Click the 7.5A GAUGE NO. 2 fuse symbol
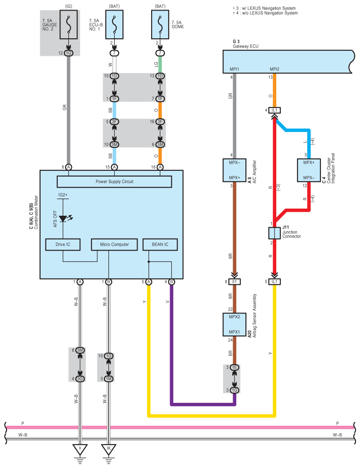pyautogui.click(x=68, y=25)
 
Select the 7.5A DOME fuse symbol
pyautogui.click(x=160, y=25)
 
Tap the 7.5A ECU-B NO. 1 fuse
pyautogui.click(x=114, y=25)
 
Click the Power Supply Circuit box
pyautogui.click(x=115, y=181)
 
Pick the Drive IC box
pyautogui.click(x=63, y=244)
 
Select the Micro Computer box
pyautogui.click(x=115, y=244)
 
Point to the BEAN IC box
pyautogui.click(x=160, y=244)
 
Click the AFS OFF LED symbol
pyautogui.click(x=64, y=219)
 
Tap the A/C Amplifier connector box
pyautogui.click(x=234, y=170)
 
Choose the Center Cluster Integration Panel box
pyautogui.click(x=309, y=170)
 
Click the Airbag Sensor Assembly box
pyautogui.click(x=234, y=324)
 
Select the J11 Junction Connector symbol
pyautogui.click(x=274, y=233)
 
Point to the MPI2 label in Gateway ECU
pyautogui.click(x=275, y=69)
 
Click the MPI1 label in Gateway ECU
pyautogui.click(x=234, y=69)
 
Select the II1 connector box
pyautogui.click(x=234, y=281)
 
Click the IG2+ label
pyautogui.click(x=63, y=195)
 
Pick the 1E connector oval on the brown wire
pyautogui.click(x=234, y=368)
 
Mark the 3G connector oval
pyautogui.click(x=80, y=379)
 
